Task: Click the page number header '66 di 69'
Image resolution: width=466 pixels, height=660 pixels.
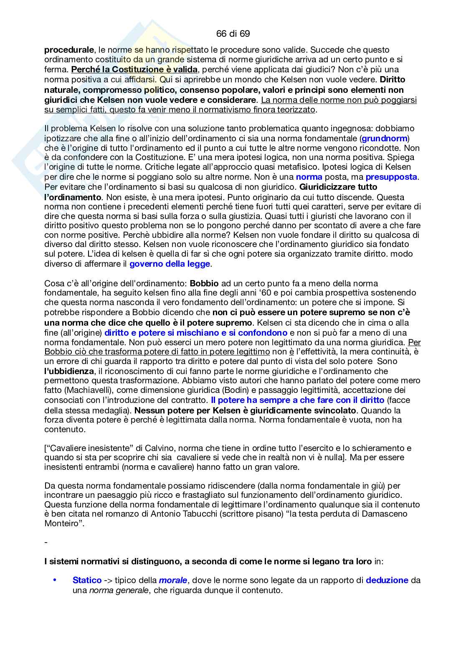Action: tap(233, 33)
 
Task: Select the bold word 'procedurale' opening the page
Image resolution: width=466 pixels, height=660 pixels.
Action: tap(69, 50)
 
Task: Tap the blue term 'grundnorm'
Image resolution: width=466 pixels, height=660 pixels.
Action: tap(384, 138)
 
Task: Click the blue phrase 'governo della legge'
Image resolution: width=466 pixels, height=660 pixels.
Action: tap(170, 264)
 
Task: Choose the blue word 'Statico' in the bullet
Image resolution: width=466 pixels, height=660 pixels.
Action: tap(87, 581)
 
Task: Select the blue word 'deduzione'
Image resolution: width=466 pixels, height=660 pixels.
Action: tap(387, 581)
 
